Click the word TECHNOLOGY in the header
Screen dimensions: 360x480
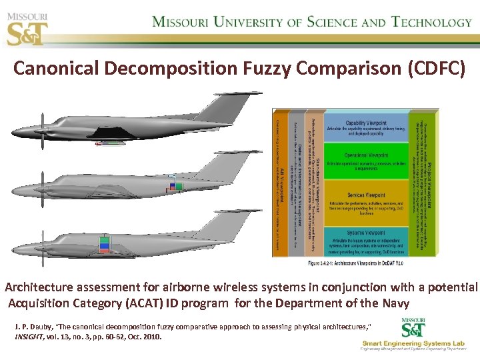point(431,22)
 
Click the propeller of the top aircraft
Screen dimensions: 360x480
point(42,131)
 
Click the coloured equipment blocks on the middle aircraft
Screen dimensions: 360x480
point(175,185)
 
